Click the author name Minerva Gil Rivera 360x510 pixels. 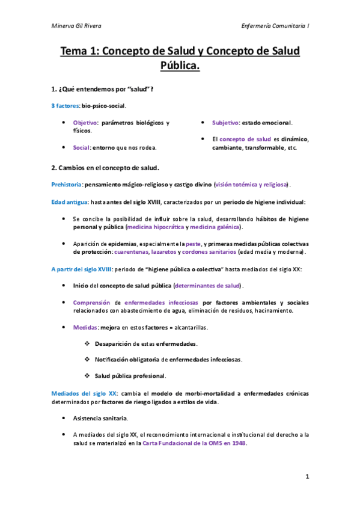click(76, 26)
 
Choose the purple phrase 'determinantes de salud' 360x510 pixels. click(207, 284)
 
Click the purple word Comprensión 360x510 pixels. click(93, 302)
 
